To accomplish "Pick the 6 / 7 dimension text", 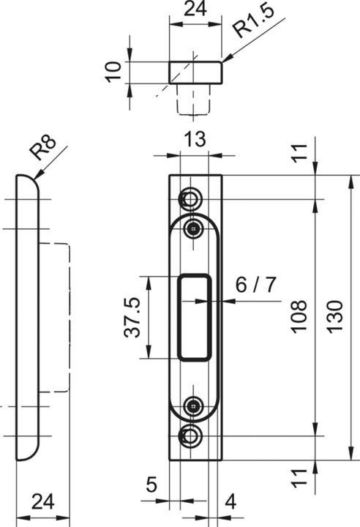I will pyautogui.click(x=256, y=285).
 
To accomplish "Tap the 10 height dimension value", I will pyautogui.click(x=112, y=72).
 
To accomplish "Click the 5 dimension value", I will pyautogui.click(x=151, y=485).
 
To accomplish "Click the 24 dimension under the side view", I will pyautogui.click(x=43, y=501).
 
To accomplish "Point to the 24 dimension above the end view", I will pyautogui.click(x=194, y=10).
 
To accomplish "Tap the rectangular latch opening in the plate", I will pyautogui.click(x=195, y=316).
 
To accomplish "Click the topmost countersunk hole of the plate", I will pyautogui.click(x=192, y=199).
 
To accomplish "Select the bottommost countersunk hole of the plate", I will pyautogui.click(x=192, y=436).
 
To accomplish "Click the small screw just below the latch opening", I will pyautogui.click(x=193, y=405).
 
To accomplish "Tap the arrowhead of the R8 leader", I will pyautogui.click(x=34, y=175).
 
